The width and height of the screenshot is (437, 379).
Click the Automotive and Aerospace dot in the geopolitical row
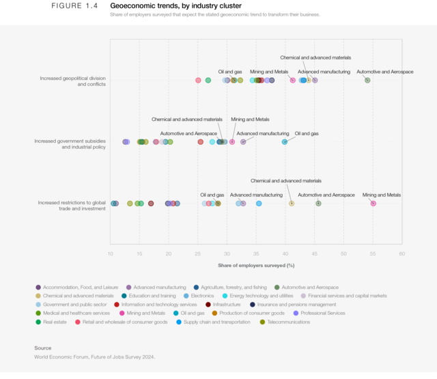[x=367, y=81]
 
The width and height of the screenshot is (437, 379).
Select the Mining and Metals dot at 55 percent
[x=373, y=203]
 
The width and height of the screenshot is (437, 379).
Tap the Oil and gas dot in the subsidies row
[x=285, y=142]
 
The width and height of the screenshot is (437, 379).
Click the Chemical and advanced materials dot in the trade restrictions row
[x=292, y=203]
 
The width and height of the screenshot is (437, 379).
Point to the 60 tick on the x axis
[x=401, y=254]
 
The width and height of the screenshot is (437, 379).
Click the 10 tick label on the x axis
[x=111, y=254]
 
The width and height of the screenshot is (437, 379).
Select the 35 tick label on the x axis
[x=256, y=254]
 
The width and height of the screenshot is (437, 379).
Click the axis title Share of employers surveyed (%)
[x=256, y=264]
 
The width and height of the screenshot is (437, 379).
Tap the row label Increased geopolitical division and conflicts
[x=72, y=81]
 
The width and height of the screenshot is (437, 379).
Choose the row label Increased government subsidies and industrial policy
[x=70, y=144]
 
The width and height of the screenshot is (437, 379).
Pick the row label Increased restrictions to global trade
[x=72, y=206]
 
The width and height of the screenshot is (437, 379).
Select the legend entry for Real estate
[x=55, y=322]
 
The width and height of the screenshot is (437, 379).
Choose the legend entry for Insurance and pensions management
[x=296, y=305]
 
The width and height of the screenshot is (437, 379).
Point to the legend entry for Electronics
[x=202, y=296]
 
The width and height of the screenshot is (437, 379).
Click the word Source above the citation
[x=42, y=348]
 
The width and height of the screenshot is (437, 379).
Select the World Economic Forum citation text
[x=94, y=356]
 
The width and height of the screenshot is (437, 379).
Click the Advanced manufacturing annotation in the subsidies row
[x=263, y=134]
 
